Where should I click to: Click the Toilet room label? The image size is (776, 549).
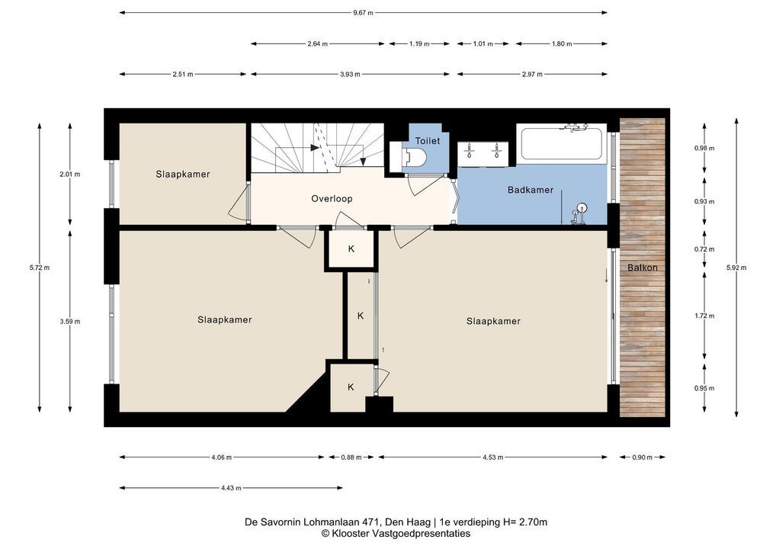coord(428,141)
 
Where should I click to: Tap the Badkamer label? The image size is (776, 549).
coord(531,190)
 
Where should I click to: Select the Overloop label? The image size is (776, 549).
coord(332,199)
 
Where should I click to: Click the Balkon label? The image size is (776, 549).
coord(643,268)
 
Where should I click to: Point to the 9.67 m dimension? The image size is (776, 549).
coord(363,13)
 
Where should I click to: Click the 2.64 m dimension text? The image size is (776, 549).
coord(317,43)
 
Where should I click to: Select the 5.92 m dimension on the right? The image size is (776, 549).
coord(736,268)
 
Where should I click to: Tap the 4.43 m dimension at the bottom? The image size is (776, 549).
coord(231,488)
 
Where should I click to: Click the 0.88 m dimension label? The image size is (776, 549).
coord(351,457)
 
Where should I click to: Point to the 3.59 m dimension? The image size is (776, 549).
coord(70,321)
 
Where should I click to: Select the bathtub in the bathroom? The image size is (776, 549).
coord(561,143)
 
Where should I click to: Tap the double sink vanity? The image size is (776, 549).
coord(483,153)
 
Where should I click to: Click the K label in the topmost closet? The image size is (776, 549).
coord(351,249)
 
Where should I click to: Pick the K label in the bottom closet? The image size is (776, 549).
coord(351,387)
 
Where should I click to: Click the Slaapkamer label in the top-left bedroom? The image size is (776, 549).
coord(183,175)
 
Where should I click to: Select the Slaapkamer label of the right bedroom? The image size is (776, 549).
coord(493,321)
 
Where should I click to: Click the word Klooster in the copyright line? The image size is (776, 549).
coord(349,534)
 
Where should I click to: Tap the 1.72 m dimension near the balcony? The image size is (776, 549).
coord(704,316)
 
